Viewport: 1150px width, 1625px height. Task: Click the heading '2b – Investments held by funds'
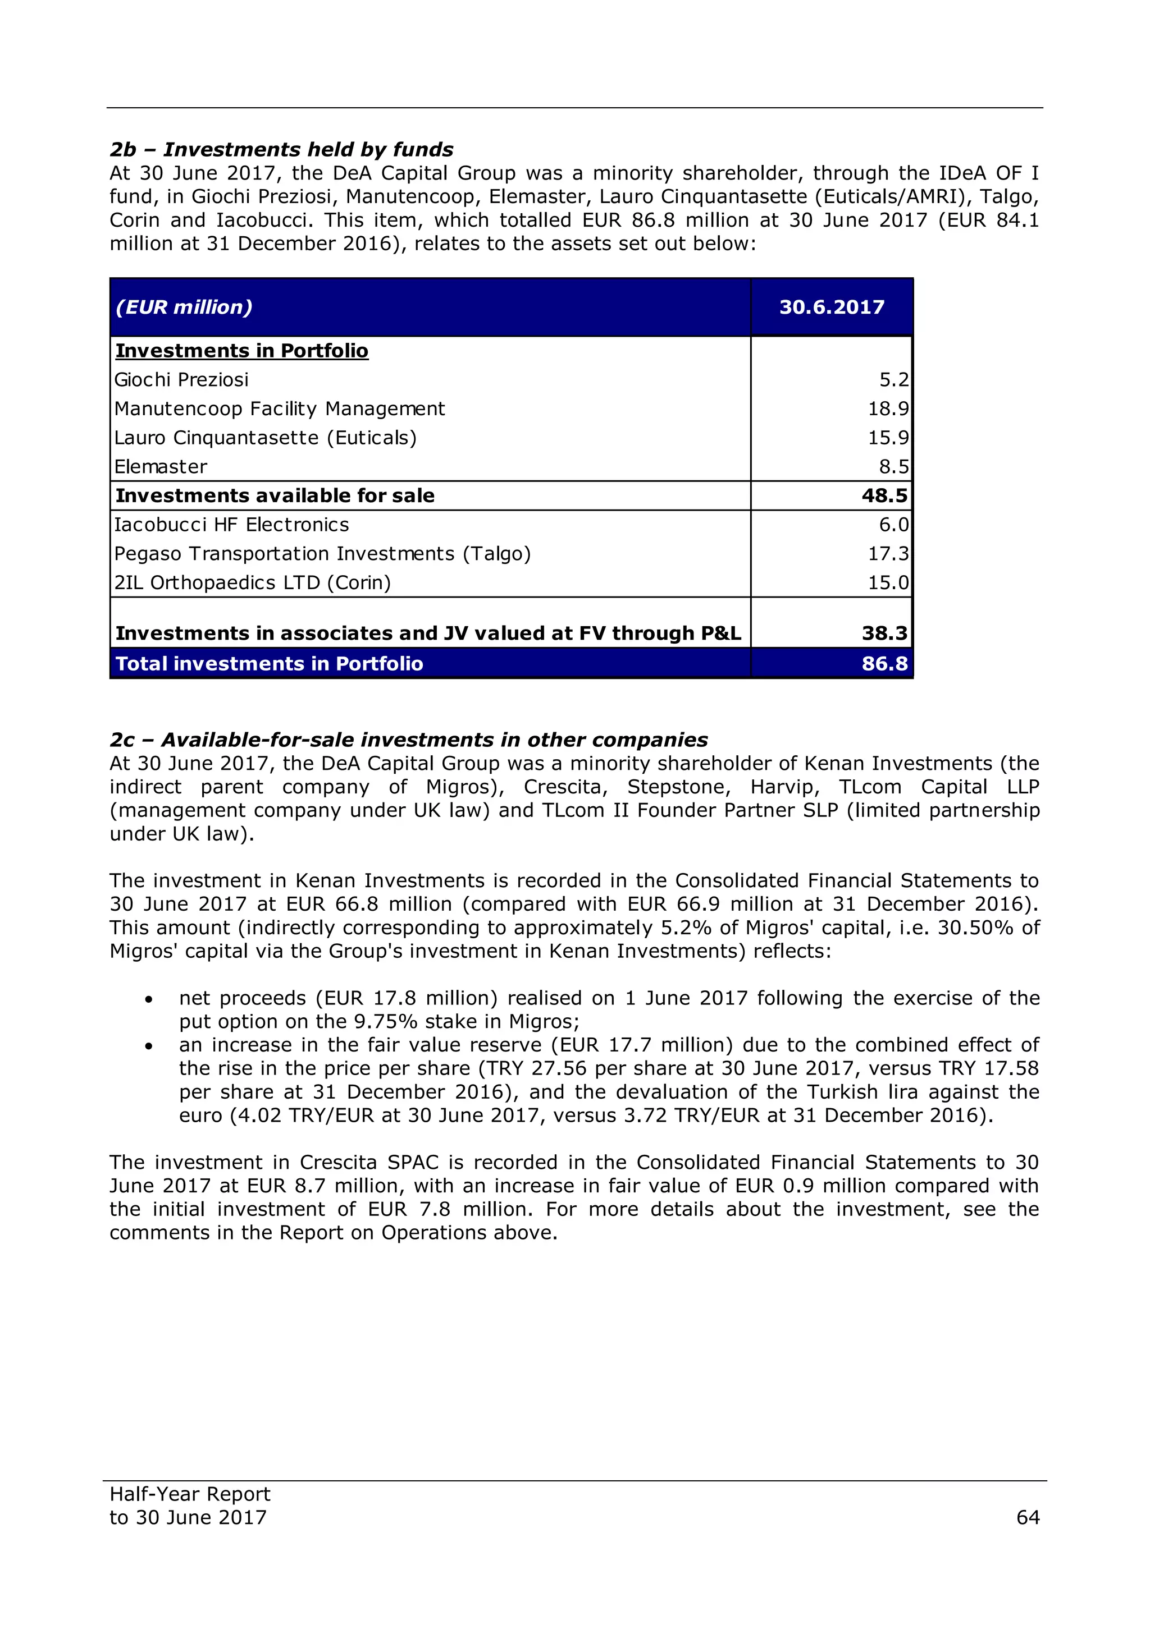pyautogui.click(x=281, y=149)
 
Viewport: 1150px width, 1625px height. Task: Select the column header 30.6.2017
pyautogui.click(x=832, y=307)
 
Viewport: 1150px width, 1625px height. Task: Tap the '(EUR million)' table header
pyautogui.click(x=184, y=307)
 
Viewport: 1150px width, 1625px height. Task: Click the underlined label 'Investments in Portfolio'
pyautogui.click(x=241, y=351)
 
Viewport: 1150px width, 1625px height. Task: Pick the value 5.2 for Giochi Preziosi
pyautogui.click(x=893, y=380)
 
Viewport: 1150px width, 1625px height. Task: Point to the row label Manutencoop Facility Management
pyautogui.click(x=279, y=409)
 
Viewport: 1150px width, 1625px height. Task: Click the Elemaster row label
pyautogui.click(x=161, y=467)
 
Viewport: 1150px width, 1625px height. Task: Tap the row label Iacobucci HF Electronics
pyautogui.click(x=231, y=525)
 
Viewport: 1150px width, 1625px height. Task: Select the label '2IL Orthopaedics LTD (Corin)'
pyautogui.click(x=252, y=583)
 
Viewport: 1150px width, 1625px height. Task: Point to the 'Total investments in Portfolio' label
pyautogui.click(x=269, y=664)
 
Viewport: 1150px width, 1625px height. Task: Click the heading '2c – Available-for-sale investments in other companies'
pyautogui.click(x=409, y=740)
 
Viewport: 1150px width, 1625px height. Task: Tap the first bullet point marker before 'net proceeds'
pyautogui.click(x=148, y=999)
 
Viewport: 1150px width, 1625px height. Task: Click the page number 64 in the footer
pyautogui.click(x=1027, y=1517)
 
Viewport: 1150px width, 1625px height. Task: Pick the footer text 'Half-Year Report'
pyautogui.click(x=190, y=1494)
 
